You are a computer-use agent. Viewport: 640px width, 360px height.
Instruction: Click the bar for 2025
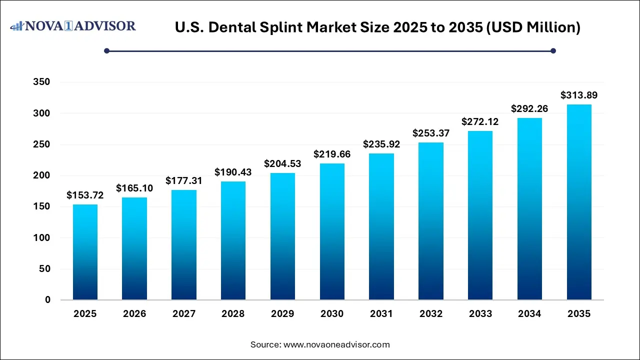[x=85, y=252]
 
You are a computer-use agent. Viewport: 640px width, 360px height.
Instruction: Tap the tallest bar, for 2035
[x=579, y=202]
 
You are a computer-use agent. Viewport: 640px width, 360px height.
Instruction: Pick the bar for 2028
[x=233, y=240]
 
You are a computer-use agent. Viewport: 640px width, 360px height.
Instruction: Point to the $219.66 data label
[x=332, y=154]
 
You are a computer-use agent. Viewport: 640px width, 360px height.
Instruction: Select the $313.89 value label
[x=579, y=95]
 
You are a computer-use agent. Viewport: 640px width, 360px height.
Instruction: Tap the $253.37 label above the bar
[x=431, y=133]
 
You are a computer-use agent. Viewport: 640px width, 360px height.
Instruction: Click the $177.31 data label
[x=184, y=180]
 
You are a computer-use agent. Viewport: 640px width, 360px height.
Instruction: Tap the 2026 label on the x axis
[x=134, y=314]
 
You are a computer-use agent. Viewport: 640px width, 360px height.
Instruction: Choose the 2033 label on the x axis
[x=480, y=314]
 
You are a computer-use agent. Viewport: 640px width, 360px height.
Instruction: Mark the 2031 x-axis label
[x=381, y=314]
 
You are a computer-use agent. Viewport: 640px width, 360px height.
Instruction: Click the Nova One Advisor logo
[x=73, y=26]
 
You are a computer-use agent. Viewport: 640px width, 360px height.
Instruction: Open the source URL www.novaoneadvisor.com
[x=336, y=344]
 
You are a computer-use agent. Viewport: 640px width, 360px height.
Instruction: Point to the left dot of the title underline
[x=106, y=50]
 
